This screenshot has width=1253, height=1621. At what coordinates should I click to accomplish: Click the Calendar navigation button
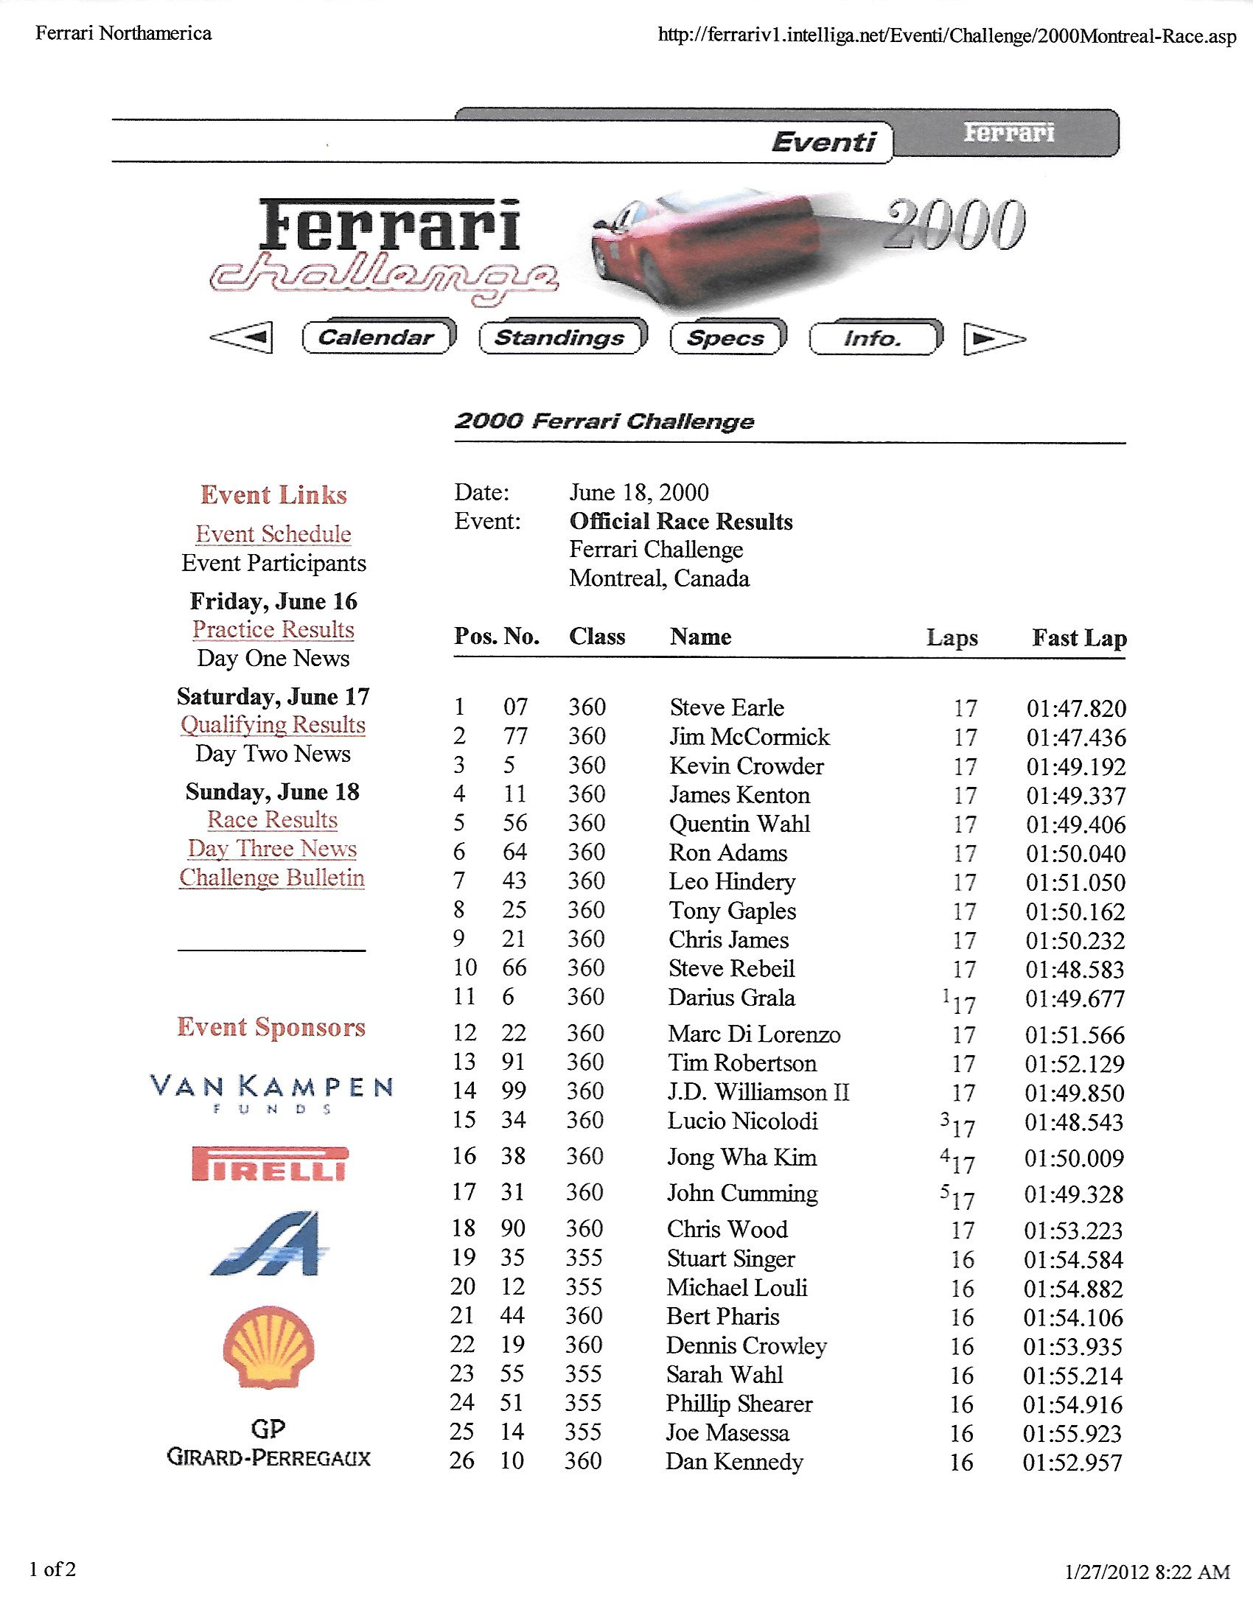pos(377,337)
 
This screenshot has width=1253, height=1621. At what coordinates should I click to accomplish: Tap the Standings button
pos(560,337)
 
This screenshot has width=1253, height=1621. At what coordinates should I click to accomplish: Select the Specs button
pos(726,337)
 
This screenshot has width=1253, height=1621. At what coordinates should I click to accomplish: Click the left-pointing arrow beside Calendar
pos(242,337)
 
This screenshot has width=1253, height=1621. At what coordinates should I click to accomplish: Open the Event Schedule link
pos(273,533)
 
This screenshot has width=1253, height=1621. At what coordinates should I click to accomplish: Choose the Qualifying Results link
pos(273,724)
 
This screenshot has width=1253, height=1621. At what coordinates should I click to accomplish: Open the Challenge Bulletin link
pos(272,878)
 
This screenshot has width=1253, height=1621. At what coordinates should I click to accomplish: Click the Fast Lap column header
pos(1079,637)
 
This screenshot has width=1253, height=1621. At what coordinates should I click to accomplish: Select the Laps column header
pos(952,637)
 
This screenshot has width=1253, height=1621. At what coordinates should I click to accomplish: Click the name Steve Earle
pos(726,707)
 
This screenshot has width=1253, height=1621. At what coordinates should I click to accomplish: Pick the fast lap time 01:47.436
pos(1075,737)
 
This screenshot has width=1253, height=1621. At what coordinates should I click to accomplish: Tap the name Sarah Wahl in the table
pos(724,1375)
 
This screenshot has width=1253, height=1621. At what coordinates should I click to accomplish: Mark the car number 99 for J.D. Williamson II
pos(514,1091)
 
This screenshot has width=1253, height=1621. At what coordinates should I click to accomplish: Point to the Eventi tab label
pos(823,141)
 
